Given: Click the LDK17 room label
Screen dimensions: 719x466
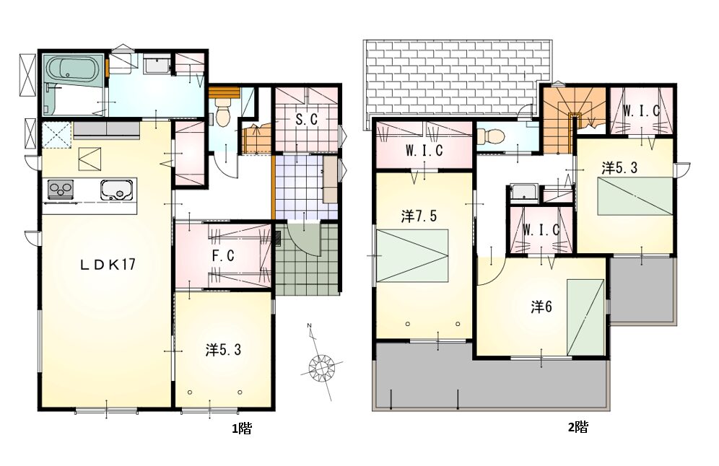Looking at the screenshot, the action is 108,265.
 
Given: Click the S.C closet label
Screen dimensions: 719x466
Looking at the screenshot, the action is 306,120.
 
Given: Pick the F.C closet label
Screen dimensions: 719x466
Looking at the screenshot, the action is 223,255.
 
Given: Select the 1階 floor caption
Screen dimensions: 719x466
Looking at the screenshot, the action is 242,428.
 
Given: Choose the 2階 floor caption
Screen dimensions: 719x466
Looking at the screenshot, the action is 578,427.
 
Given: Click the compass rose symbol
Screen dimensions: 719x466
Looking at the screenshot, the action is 321,366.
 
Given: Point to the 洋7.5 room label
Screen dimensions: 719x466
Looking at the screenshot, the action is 419,216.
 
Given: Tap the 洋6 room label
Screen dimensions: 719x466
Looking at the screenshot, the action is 541,307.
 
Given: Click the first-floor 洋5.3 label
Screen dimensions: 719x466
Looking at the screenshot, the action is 223,351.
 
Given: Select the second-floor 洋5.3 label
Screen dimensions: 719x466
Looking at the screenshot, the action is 619,168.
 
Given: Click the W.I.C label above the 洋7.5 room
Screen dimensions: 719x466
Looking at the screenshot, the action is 424,150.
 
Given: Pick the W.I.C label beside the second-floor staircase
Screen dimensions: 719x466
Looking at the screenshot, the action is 642,110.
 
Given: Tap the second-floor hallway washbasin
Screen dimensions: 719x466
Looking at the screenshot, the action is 522,193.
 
